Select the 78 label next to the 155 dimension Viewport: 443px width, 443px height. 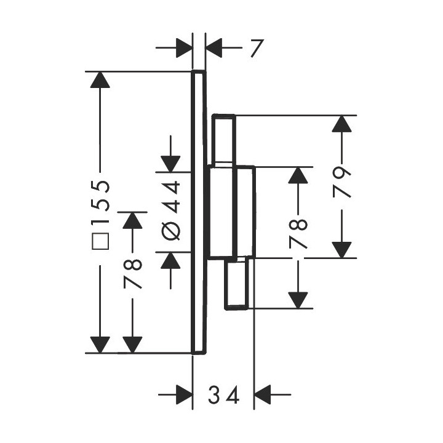coord(133,275)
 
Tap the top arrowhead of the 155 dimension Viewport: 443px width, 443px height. coord(100,81)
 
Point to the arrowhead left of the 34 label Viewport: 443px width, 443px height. coord(183,394)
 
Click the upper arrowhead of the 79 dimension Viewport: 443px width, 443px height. coord(342,124)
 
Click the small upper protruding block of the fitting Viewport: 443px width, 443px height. coord(223,140)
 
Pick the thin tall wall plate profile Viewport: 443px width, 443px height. coord(198,212)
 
